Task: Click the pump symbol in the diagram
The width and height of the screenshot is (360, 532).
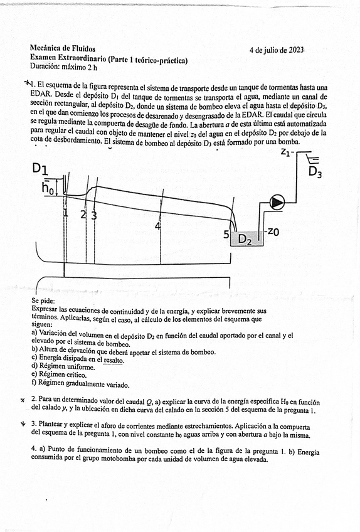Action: [x=277, y=201]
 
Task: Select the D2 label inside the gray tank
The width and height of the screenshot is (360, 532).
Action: [x=245, y=239]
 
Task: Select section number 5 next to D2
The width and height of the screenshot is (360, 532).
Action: [x=226, y=235]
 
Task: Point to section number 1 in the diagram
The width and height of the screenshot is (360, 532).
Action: [x=65, y=213]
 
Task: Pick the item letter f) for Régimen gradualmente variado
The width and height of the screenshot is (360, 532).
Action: [x=34, y=383]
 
